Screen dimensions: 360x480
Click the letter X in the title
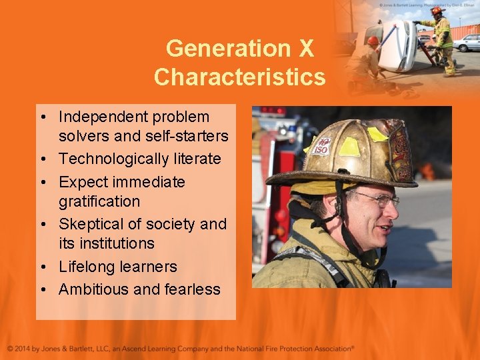point(305,49)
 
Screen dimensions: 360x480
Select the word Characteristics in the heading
point(239,77)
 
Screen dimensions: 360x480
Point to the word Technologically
point(111,159)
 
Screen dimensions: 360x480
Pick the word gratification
point(99,201)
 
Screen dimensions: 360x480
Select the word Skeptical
point(90,224)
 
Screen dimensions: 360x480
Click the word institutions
point(116,243)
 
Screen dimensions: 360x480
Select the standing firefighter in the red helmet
point(442,40)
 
